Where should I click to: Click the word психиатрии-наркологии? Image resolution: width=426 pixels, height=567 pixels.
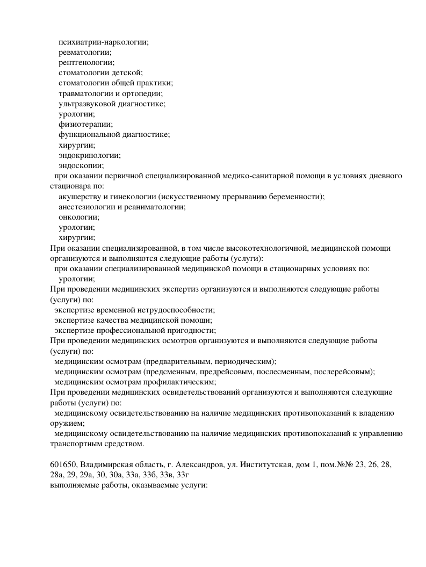click(103, 42)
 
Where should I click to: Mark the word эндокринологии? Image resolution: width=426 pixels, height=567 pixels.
click(89, 156)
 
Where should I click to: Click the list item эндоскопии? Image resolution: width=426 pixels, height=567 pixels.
click(81, 166)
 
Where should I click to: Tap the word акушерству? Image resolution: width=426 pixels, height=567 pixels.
click(78, 197)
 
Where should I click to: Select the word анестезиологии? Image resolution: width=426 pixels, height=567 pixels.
click(86, 207)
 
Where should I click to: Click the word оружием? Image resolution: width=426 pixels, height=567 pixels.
click(63, 423)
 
